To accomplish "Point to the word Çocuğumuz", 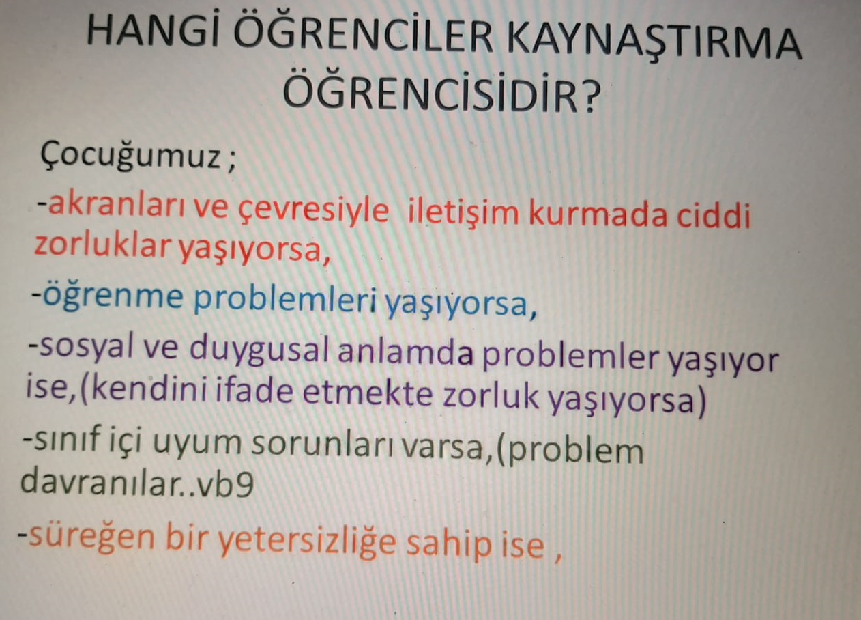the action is click(x=131, y=156).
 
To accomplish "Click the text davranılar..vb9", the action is click(x=137, y=483).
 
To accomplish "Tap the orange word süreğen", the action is click(x=91, y=537).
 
